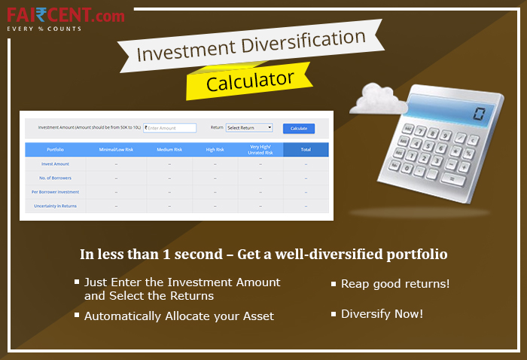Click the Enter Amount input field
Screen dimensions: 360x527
tap(170, 128)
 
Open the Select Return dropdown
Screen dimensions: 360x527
tap(249, 128)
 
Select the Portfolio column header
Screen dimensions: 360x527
tap(55, 150)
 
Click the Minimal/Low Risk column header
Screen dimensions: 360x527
tap(116, 150)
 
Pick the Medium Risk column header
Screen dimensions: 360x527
tap(169, 150)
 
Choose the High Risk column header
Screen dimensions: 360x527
tap(216, 150)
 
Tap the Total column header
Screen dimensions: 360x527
tap(306, 150)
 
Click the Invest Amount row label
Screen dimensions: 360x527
tap(55, 163)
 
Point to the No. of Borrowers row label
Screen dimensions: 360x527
tap(55, 178)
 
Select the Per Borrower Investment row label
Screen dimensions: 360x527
tap(55, 192)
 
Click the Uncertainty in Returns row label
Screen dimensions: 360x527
tap(55, 206)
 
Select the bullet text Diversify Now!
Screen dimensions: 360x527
tap(382, 313)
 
